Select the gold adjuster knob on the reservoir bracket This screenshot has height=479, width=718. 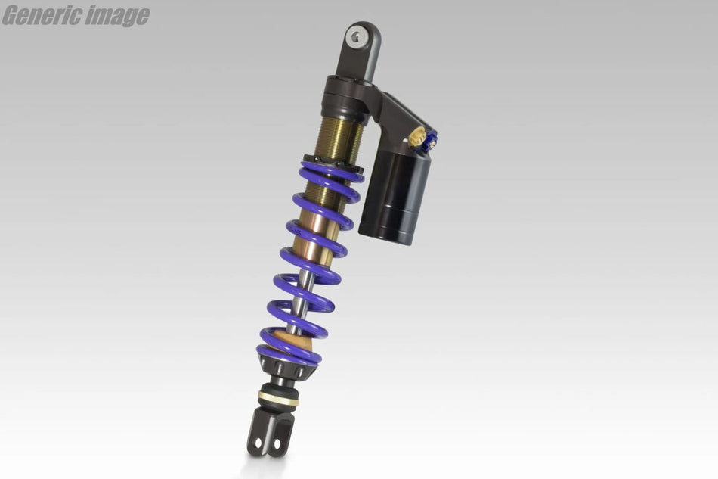[x=416, y=137]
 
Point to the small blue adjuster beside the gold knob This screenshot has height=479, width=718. [x=431, y=139]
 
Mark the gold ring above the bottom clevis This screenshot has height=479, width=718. [x=277, y=399]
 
